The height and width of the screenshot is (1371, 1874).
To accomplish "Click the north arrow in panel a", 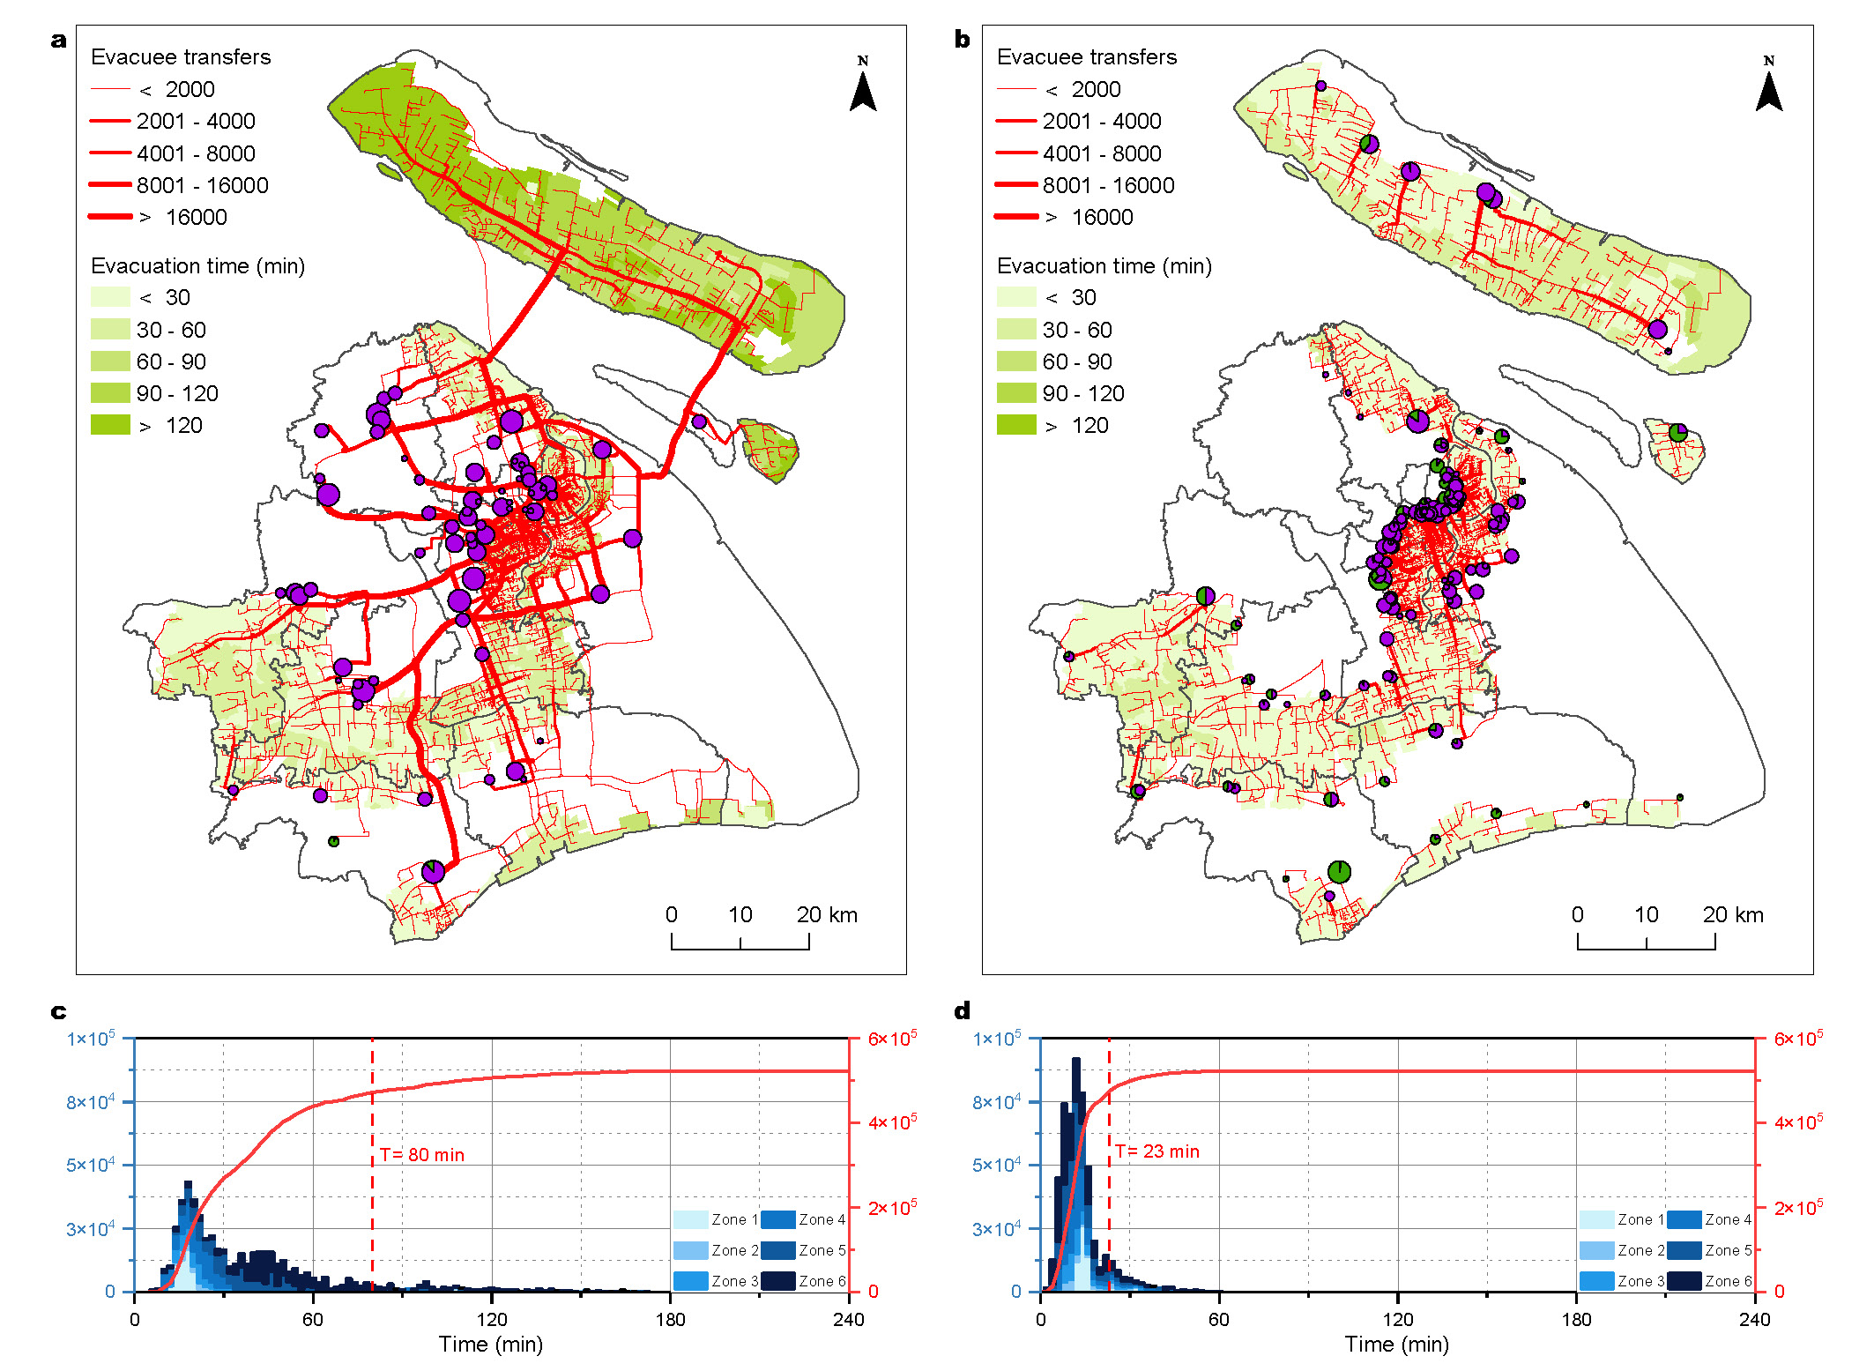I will tap(863, 87).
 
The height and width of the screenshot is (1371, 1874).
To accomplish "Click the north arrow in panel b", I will tap(1768, 87).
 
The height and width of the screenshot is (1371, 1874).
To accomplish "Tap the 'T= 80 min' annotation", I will tap(422, 1155).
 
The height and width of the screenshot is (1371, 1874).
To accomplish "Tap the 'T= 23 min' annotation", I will tap(1157, 1151).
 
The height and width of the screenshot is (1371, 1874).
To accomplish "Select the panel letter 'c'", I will tap(58, 1011).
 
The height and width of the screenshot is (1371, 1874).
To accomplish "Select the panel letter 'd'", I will tap(963, 1011).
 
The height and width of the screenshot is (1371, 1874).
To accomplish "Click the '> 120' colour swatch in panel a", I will tap(110, 426).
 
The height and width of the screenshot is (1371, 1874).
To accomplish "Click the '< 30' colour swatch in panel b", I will tap(1016, 297).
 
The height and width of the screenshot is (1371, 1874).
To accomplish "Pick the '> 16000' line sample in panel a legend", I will tap(110, 217).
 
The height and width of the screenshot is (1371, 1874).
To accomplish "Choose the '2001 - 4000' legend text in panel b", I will tap(1102, 121).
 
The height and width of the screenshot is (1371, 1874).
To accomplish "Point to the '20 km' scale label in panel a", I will tap(827, 915).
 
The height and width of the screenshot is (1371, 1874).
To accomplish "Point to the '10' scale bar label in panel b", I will tap(1646, 915).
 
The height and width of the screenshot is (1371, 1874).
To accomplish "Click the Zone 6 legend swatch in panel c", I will tap(778, 1281).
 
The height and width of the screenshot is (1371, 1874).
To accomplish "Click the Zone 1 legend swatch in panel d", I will tap(1596, 1219).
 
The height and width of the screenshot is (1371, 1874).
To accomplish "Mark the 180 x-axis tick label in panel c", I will tap(670, 1320).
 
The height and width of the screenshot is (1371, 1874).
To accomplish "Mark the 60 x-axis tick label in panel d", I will tap(1219, 1320).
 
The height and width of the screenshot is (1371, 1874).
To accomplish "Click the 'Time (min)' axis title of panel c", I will tap(491, 1345).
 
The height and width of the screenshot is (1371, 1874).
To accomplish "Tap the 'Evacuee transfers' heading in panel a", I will tap(181, 57).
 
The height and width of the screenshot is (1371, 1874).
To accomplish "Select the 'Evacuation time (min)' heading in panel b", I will tap(1104, 266).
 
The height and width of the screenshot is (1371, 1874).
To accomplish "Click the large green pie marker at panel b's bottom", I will tap(1339, 872).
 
